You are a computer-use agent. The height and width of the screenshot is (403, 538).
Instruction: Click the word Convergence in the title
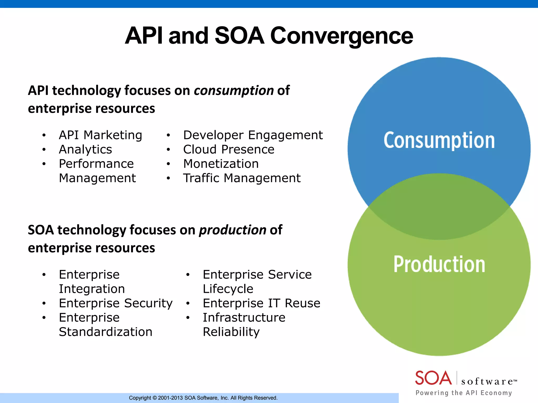pyautogui.click(x=341, y=36)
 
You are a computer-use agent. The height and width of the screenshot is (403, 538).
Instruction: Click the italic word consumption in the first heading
pyautogui.click(x=234, y=91)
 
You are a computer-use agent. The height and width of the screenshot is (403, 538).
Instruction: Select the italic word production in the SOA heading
pyautogui.click(x=232, y=230)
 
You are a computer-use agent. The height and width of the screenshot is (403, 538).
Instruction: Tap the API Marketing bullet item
pyautogui.click(x=100, y=135)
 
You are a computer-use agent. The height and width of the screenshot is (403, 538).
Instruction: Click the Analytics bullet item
pyautogui.click(x=85, y=150)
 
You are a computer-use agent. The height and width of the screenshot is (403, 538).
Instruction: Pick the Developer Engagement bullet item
pyautogui.click(x=253, y=135)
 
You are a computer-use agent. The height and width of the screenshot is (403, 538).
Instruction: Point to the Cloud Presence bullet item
pyautogui.click(x=229, y=150)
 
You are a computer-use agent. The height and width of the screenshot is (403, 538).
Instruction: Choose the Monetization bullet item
pyautogui.click(x=221, y=164)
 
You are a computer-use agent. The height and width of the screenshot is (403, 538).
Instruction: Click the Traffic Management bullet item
pyautogui.click(x=242, y=178)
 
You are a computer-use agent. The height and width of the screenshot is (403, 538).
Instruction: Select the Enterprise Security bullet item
pyautogui.click(x=116, y=303)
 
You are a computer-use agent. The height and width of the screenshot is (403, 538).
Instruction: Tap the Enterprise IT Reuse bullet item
pyautogui.click(x=261, y=303)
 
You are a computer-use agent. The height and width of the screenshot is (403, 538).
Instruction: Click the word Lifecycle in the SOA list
pyautogui.click(x=228, y=289)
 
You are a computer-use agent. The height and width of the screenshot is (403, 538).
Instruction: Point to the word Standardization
pyautogui.click(x=106, y=332)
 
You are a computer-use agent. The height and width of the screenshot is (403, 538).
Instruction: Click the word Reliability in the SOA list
pyautogui.click(x=231, y=332)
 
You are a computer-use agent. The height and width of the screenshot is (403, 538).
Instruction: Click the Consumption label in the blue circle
pyautogui.click(x=439, y=140)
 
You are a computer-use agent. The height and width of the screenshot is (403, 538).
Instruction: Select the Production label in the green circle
pyautogui.click(x=439, y=264)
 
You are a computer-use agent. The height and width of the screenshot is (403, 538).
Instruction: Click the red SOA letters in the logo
pyautogui.click(x=433, y=378)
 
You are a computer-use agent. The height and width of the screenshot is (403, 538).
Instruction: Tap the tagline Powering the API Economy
pyautogui.click(x=464, y=393)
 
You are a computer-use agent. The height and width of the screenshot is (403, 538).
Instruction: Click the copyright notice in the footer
pyautogui.click(x=203, y=398)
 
